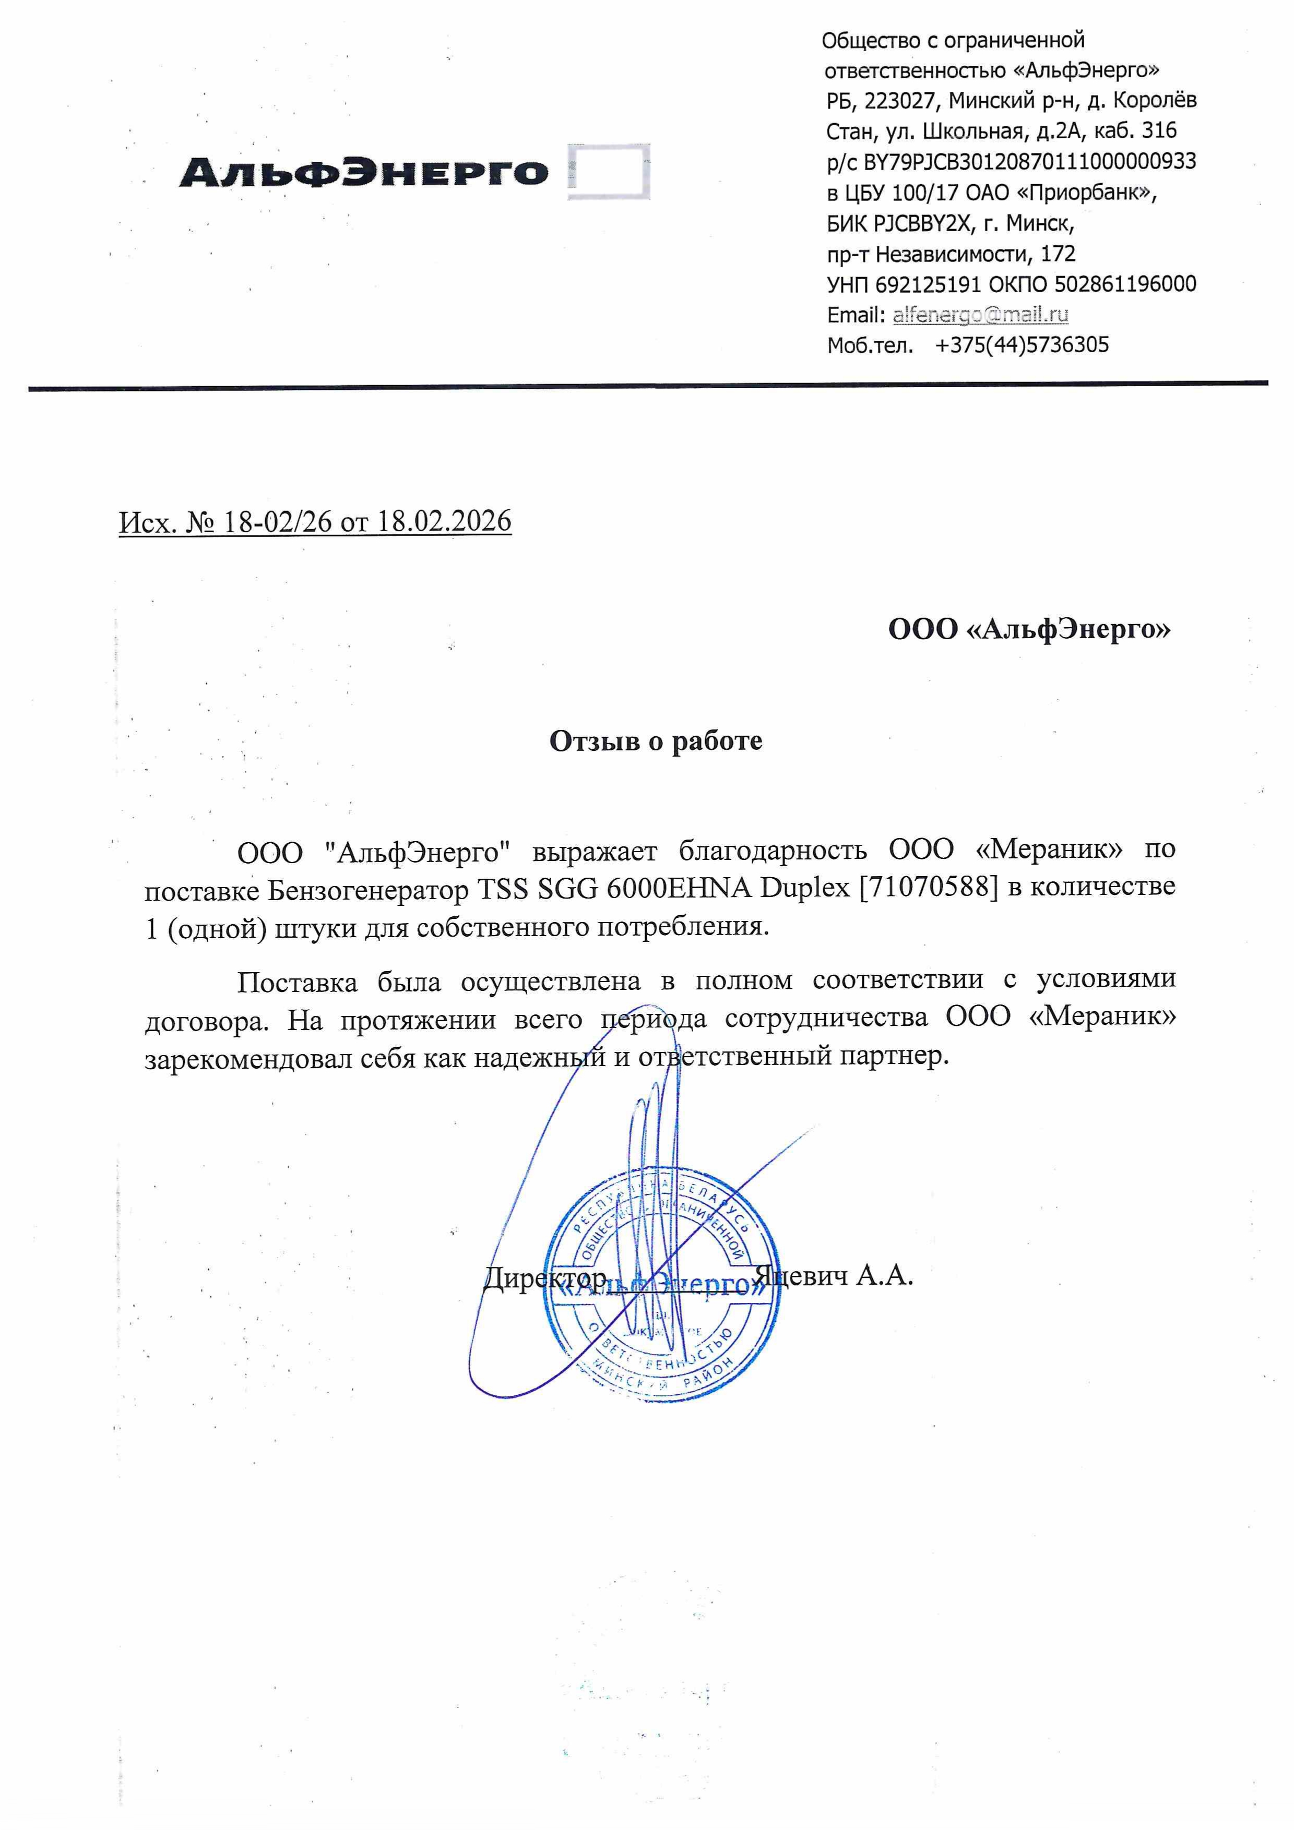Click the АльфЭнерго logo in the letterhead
pyautogui.click(x=364, y=173)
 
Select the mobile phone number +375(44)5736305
pyautogui.click(x=1022, y=344)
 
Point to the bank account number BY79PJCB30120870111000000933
pyautogui.click(x=1029, y=162)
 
